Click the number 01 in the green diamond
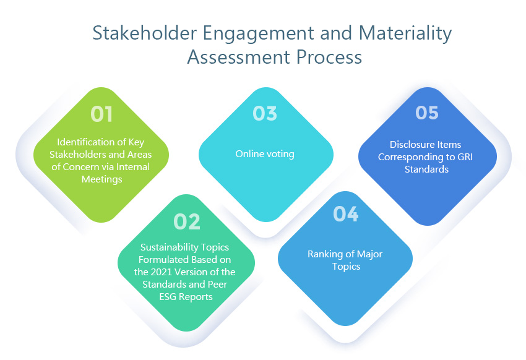(101, 114)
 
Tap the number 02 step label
(187, 221)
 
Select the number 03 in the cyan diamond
(265, 113)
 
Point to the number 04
(346, 214)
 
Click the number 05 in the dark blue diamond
(427, 113)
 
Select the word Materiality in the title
(405, 34)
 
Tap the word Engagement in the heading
(259, 34)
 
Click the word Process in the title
(329, 58)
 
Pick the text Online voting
(265, 154)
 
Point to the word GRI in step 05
(465, 157)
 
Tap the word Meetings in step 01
(101, 179)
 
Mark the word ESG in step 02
(168, 297)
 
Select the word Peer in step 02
(217, 285)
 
